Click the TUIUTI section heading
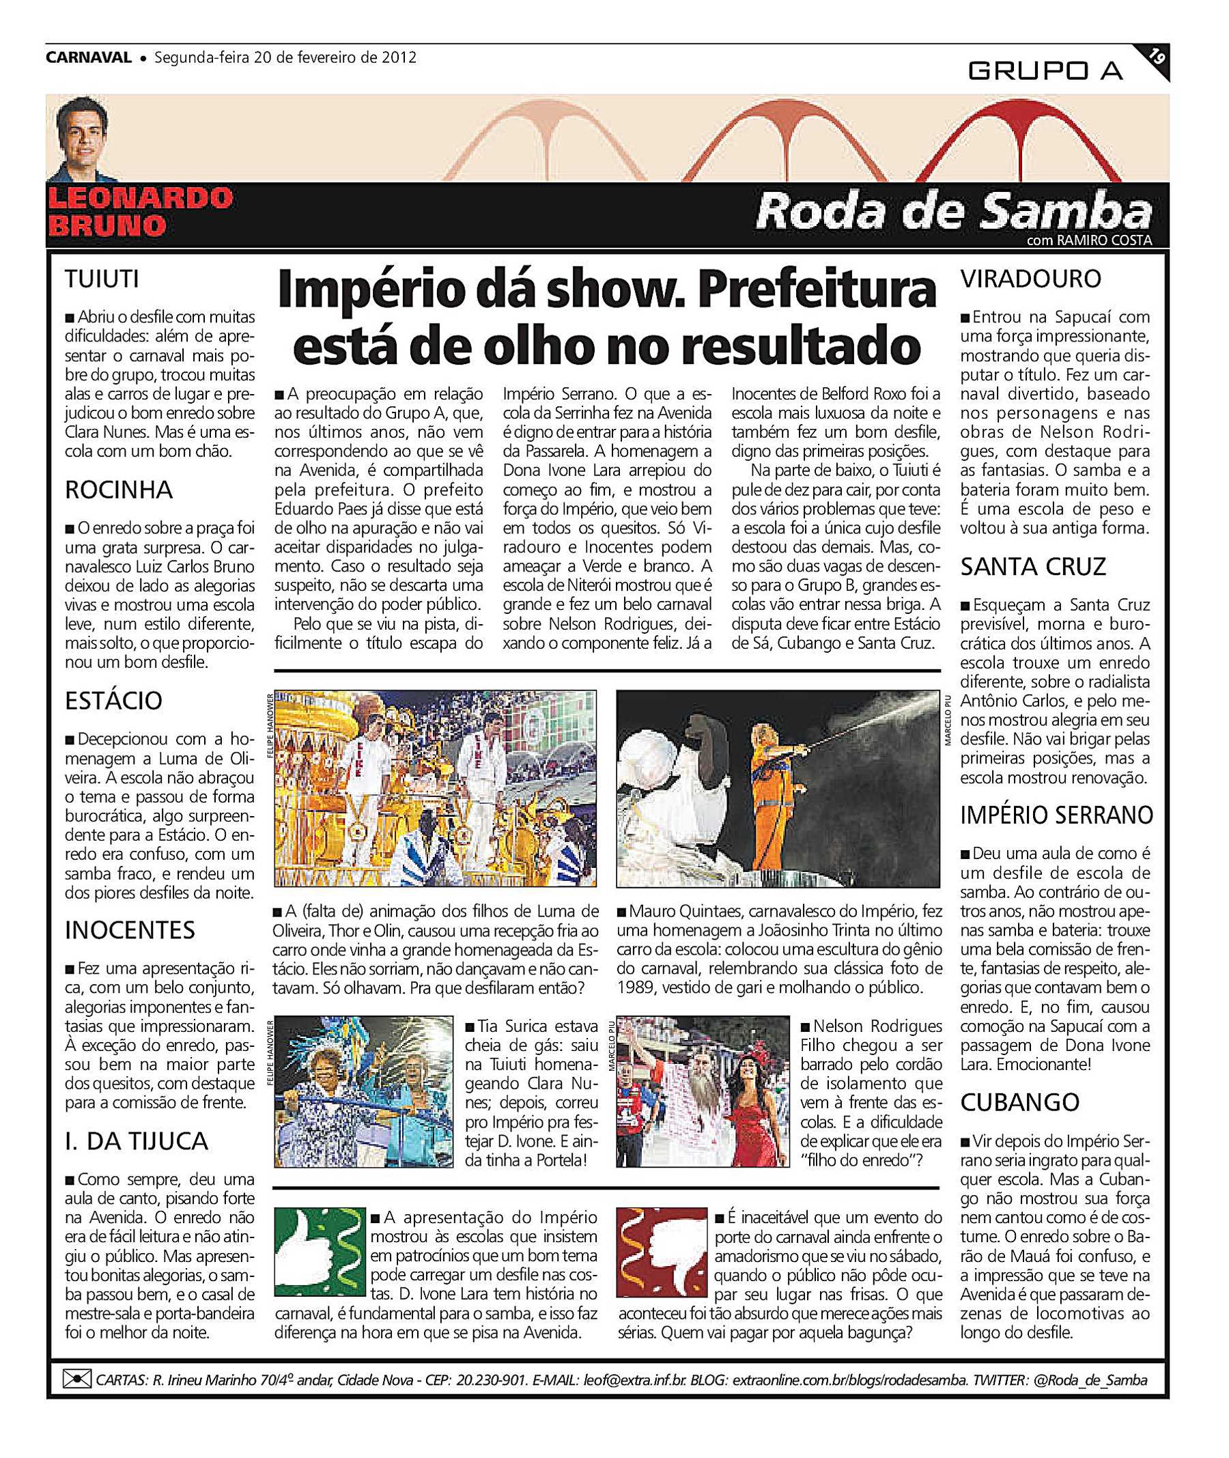[102, 279]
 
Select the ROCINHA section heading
[118, 490]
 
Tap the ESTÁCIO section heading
[113, 701]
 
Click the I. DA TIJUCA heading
[137, 1141]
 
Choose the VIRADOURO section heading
[1030, 279]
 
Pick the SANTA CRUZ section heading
[1032, 567]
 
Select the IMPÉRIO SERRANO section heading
[1056, 815]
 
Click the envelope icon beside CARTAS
[76, 1379]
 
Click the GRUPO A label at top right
[1045, 70]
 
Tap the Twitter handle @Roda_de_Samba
[1090, 1380]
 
